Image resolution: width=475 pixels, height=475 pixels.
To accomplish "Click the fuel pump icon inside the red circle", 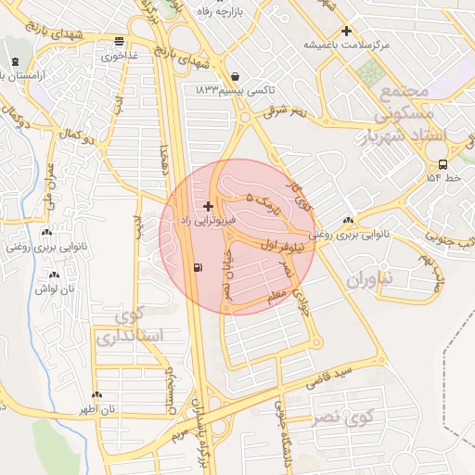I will (199, 268).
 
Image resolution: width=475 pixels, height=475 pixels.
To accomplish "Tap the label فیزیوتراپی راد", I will (209, 221).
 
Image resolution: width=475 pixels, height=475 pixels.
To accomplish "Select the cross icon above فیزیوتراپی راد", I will (208, 206).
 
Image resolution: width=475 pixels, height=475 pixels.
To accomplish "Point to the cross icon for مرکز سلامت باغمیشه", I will (347, 31).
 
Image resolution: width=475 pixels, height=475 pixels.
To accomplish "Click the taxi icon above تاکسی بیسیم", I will (234, 75).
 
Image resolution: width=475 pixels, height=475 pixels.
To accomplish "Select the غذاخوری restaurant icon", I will (119, 41).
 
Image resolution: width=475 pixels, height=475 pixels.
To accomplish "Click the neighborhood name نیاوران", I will (374, 277).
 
